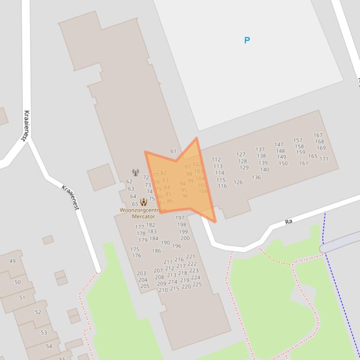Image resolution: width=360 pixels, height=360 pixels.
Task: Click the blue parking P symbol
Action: pyautogui.click(x=247, y=40)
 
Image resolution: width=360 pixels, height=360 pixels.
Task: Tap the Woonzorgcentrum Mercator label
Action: pyautogui.click(x=143, y=213)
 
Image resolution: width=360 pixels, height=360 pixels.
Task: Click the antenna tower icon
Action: pyautogui.click(x=135, y=173)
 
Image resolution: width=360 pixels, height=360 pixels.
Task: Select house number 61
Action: pyautogui.click(x=173, y=151)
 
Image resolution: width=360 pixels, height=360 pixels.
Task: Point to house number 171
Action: pyautogui.click(x=324, y=159)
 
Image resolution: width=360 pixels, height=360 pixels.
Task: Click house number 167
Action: pyautogui.click(x=318, y=136)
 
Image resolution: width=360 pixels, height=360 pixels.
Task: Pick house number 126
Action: pyautogui.click(x=238, y=182)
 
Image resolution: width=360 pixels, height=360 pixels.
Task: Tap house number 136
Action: pyautogui.click(x=256, y=178)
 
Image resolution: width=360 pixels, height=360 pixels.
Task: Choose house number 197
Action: pyautogui.click(x=180, y=218)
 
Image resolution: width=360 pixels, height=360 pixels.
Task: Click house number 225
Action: pyautogui.click(x=197, y=284)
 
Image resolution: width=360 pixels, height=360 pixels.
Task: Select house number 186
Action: pyautogui.click(x=156, y=251)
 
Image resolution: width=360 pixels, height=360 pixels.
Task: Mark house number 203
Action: pyautogui.click(x=141, y=274)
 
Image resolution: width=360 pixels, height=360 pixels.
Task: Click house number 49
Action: pyautogui.click(x=12, y=261)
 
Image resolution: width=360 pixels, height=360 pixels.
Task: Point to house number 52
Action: pyautogui.click(x=38, y=312)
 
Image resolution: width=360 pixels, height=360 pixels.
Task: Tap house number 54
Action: pyautogui.click(x=49, y=347)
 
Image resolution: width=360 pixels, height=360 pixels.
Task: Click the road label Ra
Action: pyautogui.click(x=288, y=221)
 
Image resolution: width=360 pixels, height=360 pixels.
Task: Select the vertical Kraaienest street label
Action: pyautogui.click(x=26, y=125)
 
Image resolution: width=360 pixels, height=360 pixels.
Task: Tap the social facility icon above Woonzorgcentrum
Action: pyautogui.click(x=144, y=202)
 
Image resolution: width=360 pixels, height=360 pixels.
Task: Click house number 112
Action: pyautogui.click(x=216, y=160)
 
